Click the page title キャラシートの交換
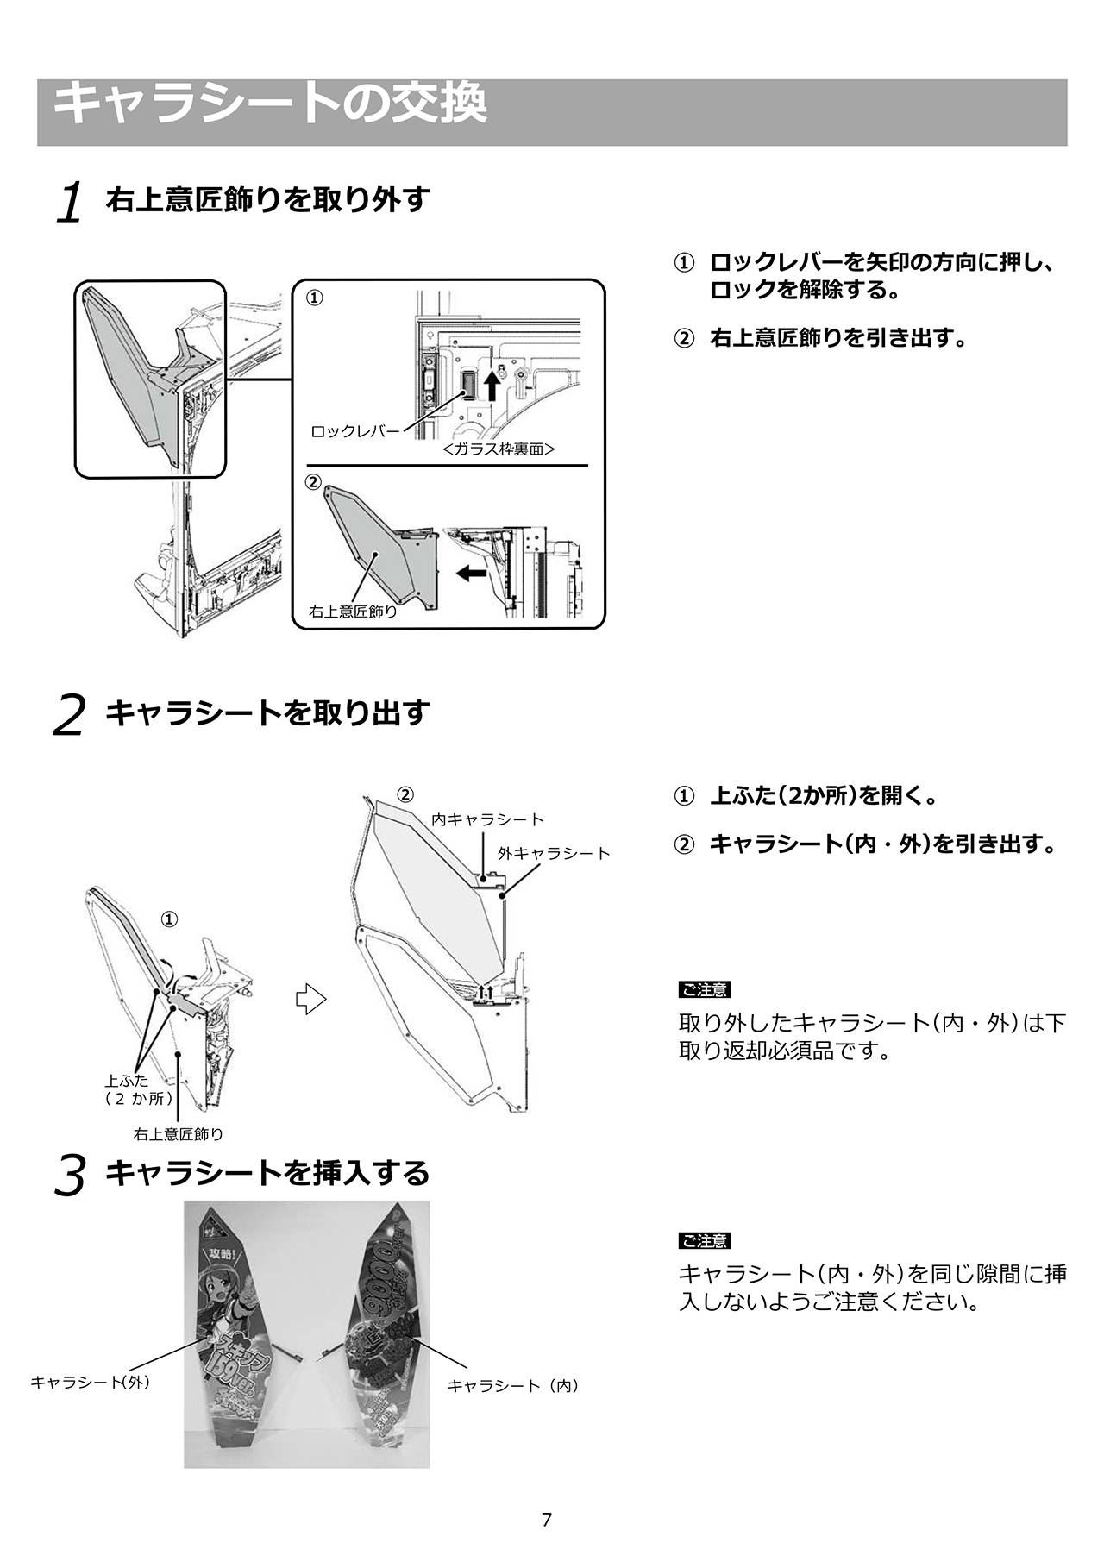click(x=270, y=104)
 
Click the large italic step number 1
click(x=70, y=203)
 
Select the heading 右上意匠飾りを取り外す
click(x=267, y=199)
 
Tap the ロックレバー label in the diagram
click(x=355, y=430)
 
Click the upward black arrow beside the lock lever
click(x=492, y=385)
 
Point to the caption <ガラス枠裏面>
click(x=499, y=449)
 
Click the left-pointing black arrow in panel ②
click(x=471, y=572)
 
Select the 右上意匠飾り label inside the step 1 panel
click(x=354, y=612)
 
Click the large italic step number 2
click(x=69, y=715)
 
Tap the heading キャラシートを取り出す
click(x=267, y=712)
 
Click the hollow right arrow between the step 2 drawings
click(x=311, y=1000)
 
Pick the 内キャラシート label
click(x=488, y=819)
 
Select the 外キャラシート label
click(x=554, y=853)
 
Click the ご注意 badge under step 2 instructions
click(x=705, y=989)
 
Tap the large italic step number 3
click(x=70, y=1176)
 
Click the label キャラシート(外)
click(x=91, y=1382)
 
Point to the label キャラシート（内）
click(x=513, y=1385)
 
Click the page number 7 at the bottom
click(x=546, y=1520)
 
